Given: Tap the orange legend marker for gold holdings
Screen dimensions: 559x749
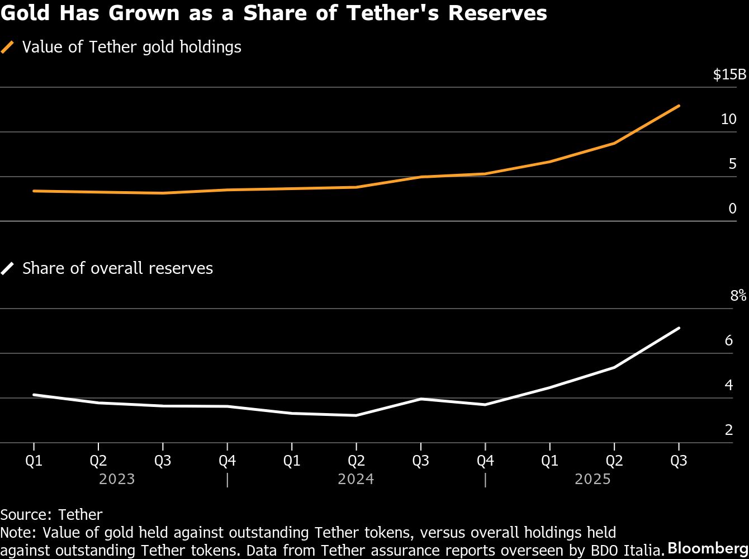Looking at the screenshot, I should (8, 47).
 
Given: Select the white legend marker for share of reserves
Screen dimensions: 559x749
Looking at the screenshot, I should (8, 268).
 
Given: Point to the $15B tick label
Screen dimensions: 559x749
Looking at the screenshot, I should (729, 75).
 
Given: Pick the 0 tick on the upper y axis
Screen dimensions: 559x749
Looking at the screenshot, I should (732, 209).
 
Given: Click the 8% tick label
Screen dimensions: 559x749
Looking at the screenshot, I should (738, 296).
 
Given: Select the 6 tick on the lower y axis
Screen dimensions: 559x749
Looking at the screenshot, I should (729, 340).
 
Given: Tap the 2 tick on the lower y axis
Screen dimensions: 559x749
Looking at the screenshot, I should (729, 430).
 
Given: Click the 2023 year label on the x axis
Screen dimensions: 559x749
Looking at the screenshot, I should (117, 479).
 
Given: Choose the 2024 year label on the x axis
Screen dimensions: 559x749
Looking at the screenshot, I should (356, 479).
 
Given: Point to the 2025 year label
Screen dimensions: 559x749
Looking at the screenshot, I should (592, 479).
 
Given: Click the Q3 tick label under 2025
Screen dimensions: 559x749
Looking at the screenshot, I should (679, 461).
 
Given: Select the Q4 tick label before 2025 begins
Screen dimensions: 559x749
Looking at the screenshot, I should (485, 461).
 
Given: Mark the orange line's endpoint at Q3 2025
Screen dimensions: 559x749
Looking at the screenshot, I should (679, 106).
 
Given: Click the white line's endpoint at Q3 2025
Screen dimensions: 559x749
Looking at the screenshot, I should (679, 328).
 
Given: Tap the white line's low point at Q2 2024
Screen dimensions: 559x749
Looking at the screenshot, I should (356, 415).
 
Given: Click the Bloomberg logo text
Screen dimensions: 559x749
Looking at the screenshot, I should (707, 547).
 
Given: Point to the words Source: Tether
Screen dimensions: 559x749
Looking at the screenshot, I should (51, 514).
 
